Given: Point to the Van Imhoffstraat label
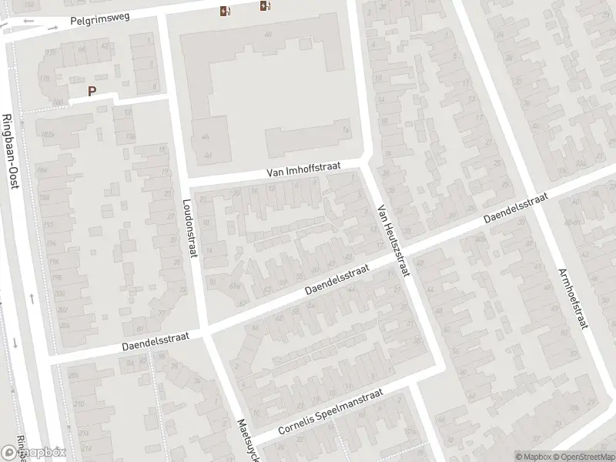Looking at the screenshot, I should click(303, 171).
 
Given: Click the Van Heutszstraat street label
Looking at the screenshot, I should click(393, 242).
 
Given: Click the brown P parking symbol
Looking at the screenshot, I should click(92, 91).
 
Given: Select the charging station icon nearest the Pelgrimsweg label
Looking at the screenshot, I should click(224, 11).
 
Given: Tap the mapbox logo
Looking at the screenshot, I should click(34, 453).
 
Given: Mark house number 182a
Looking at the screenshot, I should click(48, 135).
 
